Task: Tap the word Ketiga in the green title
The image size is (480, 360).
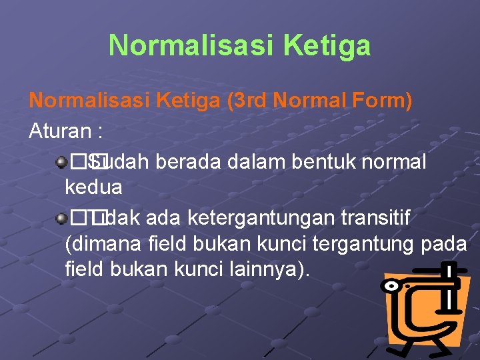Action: click(x=327, y=46)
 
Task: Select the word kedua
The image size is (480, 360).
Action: click(x=93, y=187)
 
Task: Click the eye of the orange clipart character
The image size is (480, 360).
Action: click(x=389, y=286)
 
